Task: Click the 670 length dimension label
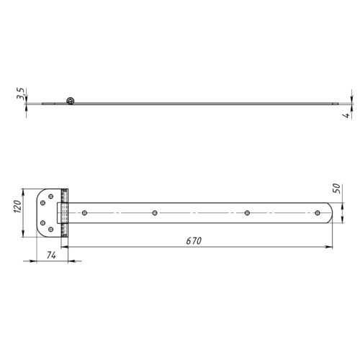[x=194, y=240]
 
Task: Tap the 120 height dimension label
[x=18, y=206]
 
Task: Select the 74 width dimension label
[x=51, y=256]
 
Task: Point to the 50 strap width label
[x=337, y=189]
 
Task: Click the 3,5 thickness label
[x=20, y=94]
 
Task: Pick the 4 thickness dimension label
[x=346, y=115]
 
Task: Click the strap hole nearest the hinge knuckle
[x=84, y=213]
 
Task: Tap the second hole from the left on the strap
[x=155, y=213]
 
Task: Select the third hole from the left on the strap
[x=247, y=213]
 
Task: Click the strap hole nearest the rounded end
[x=318, y=213]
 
